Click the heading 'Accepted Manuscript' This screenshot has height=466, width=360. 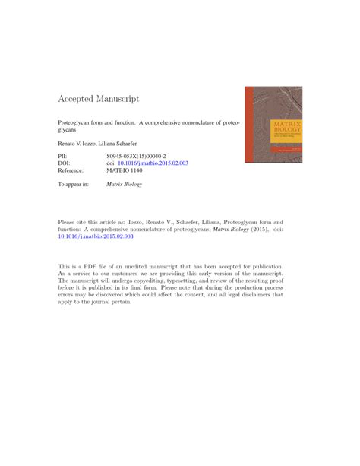[99, 100]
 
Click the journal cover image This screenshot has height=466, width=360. [273, 124]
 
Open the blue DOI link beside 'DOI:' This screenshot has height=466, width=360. [153, 163]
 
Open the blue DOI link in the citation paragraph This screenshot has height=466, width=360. [96, 236]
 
